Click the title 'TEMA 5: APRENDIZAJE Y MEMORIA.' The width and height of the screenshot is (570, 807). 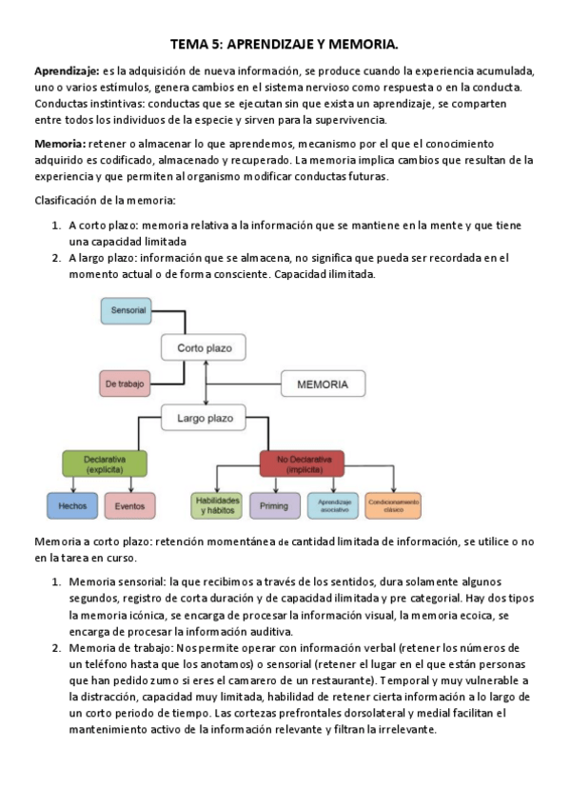click(x=285, y=44)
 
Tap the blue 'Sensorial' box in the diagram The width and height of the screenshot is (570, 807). click(x=128, y=311)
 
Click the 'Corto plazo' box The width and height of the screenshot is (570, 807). click(x=203, y=347)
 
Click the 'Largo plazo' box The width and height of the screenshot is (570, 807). click(x=203, y=418)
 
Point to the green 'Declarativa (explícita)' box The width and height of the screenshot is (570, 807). click(x=106, y=464)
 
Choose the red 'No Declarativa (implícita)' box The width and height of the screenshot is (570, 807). click(x=301, y=464)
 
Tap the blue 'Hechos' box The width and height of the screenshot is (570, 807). click(x=72, y=506)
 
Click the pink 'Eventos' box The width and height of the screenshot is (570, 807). click(x=129, y=506)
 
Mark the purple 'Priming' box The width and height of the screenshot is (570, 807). click(x=274, y=506)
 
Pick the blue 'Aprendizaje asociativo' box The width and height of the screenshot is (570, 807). click(x=333, y=505)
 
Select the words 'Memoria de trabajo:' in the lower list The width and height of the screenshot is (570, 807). click(x=122, y=648)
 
